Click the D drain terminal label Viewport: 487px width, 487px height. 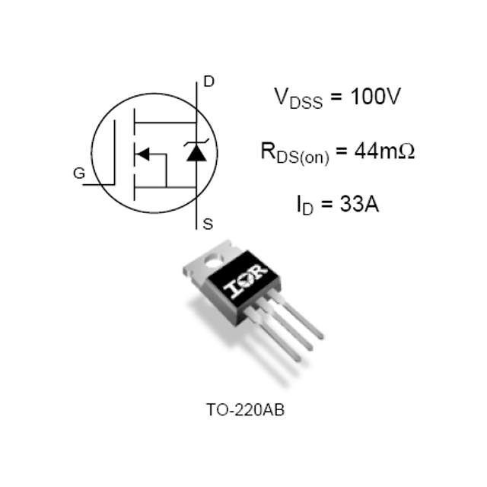(208, 81)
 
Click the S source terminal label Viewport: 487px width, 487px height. (208, 224)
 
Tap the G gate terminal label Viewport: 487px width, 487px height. (79, 173)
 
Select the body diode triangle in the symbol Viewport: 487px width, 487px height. (196, 154)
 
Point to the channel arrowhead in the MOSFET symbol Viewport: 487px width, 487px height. (143, 154)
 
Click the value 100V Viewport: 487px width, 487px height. (375, 96)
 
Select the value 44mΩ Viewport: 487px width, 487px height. (384, 151)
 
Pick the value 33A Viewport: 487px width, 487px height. (359, 204)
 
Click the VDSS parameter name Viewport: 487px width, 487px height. (298, 98)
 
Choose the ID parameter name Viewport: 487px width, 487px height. (305, 205)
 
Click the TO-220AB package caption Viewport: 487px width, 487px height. (245, 409)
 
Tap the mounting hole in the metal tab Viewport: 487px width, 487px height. (215, 261)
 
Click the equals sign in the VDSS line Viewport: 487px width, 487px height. (336, 97)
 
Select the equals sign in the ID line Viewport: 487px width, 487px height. (326, 205)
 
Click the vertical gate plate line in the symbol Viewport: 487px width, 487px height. (115, 152)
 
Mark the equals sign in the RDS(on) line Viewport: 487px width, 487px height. (342, 151)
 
